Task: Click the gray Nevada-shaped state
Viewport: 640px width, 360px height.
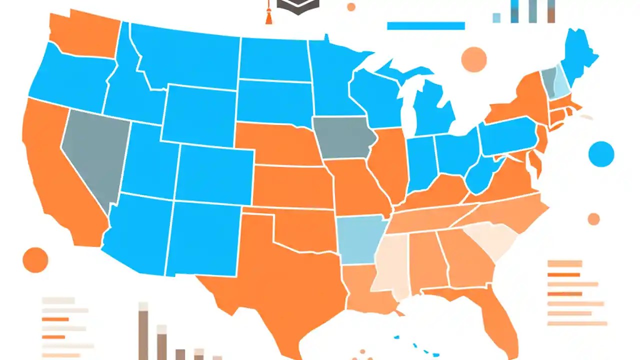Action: coord(92,150)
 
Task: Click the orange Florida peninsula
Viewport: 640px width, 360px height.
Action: coord(495,320)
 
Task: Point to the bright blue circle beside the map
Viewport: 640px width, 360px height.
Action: coord(601,153)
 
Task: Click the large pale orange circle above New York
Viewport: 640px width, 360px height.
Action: coord(473,60)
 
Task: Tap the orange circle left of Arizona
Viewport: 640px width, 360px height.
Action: coord(35,260)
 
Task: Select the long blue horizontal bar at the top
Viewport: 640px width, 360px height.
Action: coord(426,26)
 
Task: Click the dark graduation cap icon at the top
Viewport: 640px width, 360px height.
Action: coord(298,6)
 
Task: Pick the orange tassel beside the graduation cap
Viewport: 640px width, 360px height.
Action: coord(268,15)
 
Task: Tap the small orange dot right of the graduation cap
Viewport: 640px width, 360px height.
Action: coord(351,7)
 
